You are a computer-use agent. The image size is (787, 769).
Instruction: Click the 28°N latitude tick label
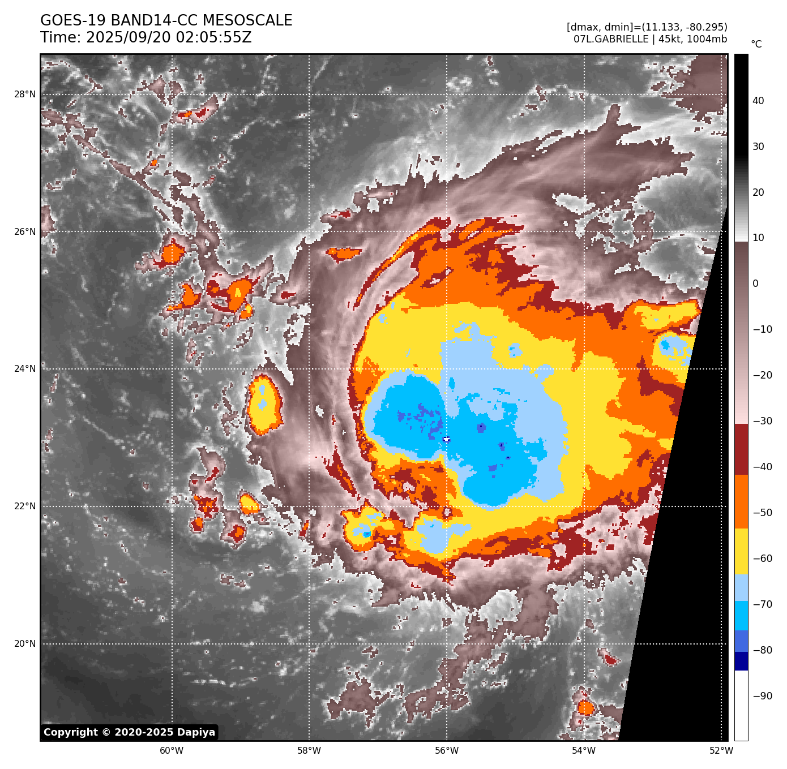pyautogui.click(x=24, y=94)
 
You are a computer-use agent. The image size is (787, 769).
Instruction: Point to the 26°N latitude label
pyautogui.click(x=24, y=232)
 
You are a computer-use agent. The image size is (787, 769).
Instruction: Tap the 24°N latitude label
pyautogui.click(x=24, y=369)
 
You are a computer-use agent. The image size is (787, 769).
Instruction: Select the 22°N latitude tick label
pyautogui.click(x=24, y=506)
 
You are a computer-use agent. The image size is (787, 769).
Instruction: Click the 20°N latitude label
pyautogui.click(x=24, y=644)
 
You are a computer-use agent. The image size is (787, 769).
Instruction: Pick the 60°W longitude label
pyautogui.click(x=172, y=751)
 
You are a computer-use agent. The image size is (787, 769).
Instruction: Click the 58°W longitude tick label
pyautogui.click(x=309, y=751)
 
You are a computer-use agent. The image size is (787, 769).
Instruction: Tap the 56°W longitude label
pyautogui.click(x=447, y=751)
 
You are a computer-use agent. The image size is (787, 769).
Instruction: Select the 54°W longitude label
pyautogui.click(x=584, y=751)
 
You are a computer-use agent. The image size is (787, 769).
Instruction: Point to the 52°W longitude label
pyautogui.click(x=721, y=751)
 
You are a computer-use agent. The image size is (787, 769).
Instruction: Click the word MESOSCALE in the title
pyautogui.click(x=247, y=21)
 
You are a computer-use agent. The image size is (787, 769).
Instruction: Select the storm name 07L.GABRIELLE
pyautogui.click(x=611, y=39)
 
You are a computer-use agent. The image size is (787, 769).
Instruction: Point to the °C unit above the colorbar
pyautogui.click(x=756, y=44)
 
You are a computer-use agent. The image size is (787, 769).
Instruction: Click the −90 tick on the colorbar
pyautogui.click(x=762, y=696)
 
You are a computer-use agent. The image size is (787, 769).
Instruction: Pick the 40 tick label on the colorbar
pyautogui.click(x=758, y=101)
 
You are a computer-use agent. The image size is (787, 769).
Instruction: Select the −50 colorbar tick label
pyautogui.click(x=762, y=513)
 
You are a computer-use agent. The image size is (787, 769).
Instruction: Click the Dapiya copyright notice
pyautogui.click(x=129, y=732)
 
